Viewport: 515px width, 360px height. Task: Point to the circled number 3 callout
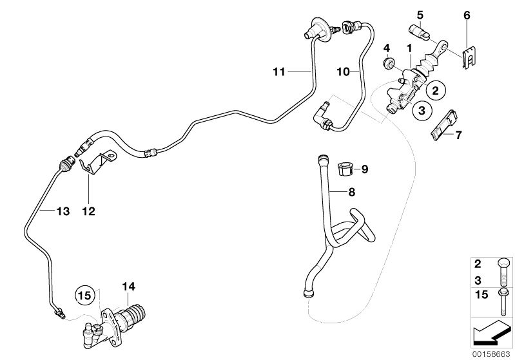(x=418, y=111)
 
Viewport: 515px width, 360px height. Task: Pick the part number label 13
(x=43, y=210)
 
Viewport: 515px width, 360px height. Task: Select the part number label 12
(x=88, y=210)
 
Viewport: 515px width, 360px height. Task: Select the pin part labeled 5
(x=418, y=29)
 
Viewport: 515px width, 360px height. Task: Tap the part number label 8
(x=351, y=191)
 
